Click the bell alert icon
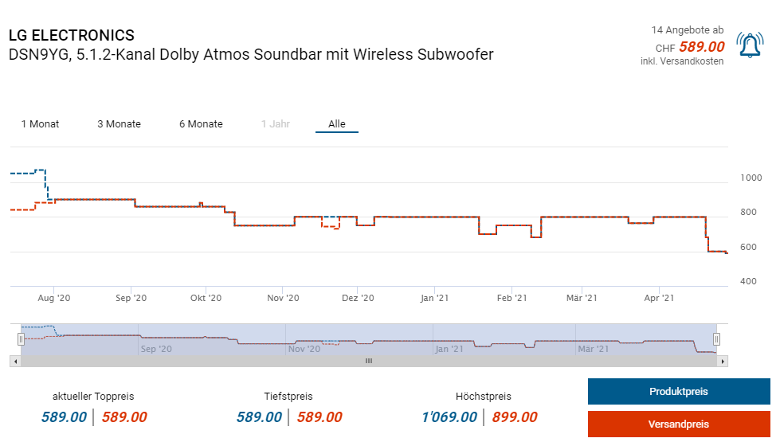[x=750, y=46]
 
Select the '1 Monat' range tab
[x=40, y=124]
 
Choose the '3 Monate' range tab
[x=119, y=124]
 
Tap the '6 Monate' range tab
[x=201, y=124]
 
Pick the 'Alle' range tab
[x=337, y=124]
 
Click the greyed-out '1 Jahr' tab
[x=276, y=124]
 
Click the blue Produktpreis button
[x=679, y=392]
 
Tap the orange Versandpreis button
[x=679, y=424]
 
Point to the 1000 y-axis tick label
[x=751, y=178]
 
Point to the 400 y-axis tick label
[x=748, y=281]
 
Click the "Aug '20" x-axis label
[x=54, y=298]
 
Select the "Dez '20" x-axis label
[x=358, y=298]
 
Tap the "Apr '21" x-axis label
[x=659, y=298]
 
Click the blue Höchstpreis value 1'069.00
[x=449, y=417]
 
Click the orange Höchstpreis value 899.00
[x=515, y=417]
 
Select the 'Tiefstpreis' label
[x=288, y=397]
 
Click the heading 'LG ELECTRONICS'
[x=72, y=36]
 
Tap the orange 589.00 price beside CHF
[x=702, y=47]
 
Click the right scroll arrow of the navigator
[x=723, y=361]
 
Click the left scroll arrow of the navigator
[x=14, y=361]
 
